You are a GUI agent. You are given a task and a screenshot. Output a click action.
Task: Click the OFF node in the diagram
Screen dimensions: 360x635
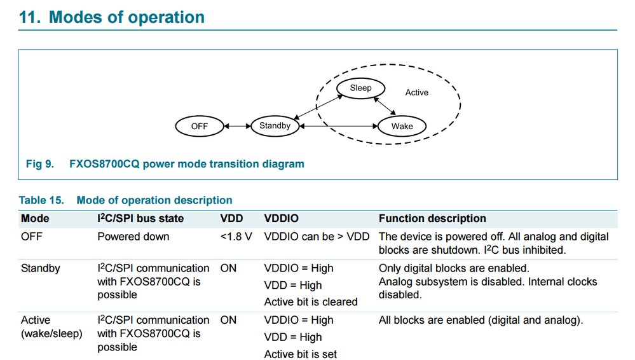(200, 126)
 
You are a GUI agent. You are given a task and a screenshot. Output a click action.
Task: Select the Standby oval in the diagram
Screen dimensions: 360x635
(275, 126)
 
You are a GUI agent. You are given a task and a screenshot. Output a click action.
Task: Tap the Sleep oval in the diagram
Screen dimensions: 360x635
(360, 88)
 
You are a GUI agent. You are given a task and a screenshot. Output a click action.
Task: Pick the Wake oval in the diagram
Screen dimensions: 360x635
(402, 126)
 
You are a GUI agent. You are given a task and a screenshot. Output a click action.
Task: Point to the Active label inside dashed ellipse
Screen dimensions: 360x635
(417, 92)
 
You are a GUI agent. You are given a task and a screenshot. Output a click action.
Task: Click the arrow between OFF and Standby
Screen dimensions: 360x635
(238, 126)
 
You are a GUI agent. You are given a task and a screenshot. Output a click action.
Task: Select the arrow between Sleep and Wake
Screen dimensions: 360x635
(385, 106)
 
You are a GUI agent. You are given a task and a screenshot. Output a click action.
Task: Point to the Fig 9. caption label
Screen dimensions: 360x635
(39, 164)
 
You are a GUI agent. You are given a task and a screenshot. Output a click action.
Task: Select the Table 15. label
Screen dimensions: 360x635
(41, 200)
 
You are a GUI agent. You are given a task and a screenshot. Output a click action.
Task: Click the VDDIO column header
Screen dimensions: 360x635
(282, 219)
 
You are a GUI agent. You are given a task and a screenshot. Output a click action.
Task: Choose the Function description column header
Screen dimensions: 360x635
(432, 219)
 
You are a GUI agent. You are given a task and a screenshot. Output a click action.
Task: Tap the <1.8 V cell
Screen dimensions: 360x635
(236, 237)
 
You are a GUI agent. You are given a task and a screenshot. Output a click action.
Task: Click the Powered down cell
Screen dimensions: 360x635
(133, 237)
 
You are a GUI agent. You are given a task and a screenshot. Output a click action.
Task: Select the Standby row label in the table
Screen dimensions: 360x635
(40, 268)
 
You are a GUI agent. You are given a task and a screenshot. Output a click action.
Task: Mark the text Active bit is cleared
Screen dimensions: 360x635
(311, 302)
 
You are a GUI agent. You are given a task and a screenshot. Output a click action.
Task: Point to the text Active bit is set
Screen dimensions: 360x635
(301, 354)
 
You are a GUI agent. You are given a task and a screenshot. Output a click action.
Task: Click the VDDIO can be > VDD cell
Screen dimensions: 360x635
(317, 237)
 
